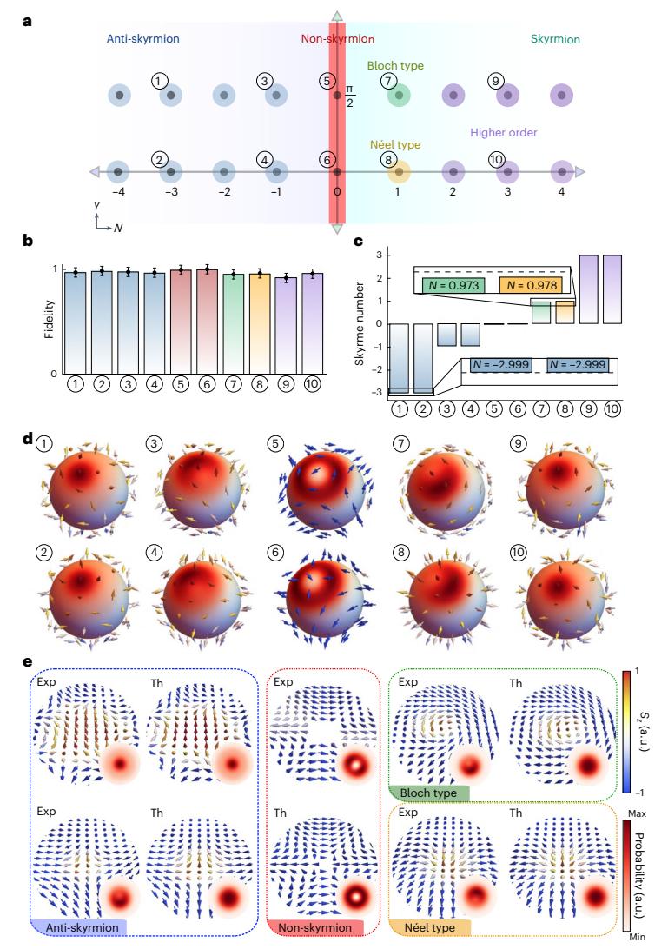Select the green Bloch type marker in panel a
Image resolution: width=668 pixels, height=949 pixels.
tap(398, 95)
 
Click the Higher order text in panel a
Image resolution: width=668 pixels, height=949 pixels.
tap(503, 132)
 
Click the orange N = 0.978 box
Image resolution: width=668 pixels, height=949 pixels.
tap(530, 284)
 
